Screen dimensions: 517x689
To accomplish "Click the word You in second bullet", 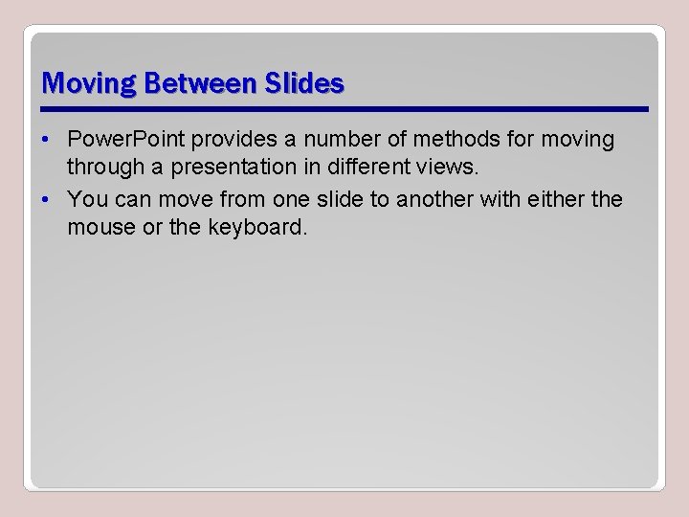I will click(x=87, y=200).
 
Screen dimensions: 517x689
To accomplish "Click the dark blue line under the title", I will click(x=344, y=107).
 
